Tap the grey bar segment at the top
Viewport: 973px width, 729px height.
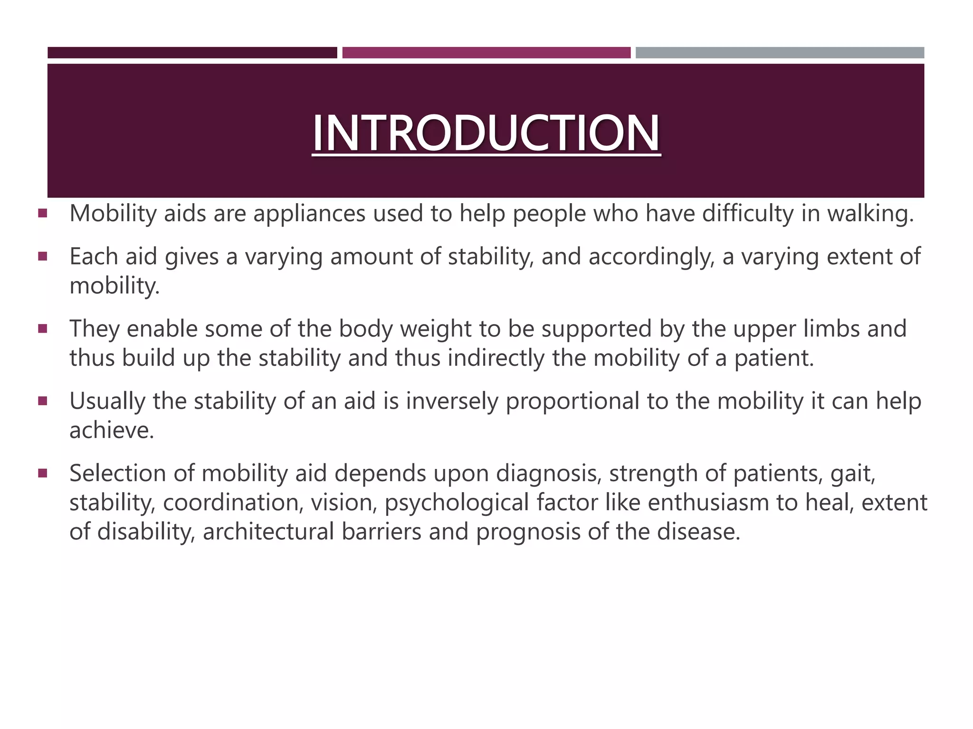tap(780, 53)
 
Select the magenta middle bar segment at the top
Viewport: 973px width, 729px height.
tap(486, 53)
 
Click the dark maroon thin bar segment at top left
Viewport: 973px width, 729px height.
tap(192, 53)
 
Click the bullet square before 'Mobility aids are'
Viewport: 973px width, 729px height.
tap(43, 214)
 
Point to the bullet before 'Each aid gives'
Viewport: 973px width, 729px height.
tap(43, 257)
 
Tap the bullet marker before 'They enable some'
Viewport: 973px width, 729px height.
tap(43, 329)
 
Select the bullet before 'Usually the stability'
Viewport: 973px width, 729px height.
tap(43, 401)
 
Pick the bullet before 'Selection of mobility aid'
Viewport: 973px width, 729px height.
tap(43, 473)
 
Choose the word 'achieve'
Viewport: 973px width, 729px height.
tap(111, 431)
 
